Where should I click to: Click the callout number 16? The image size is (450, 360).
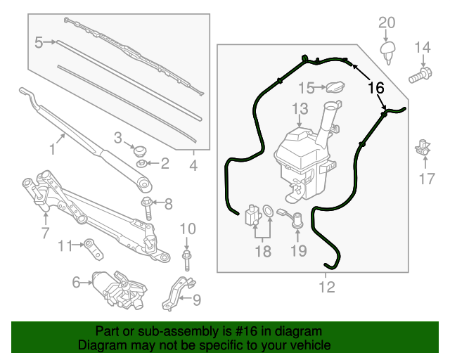pos(376,89)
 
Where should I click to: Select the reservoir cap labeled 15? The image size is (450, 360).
pos(333,88)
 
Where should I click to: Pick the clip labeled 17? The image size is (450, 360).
pos(423,147)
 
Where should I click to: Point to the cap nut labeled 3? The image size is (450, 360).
pos(138,149)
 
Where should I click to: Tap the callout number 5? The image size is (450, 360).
pos(39,43)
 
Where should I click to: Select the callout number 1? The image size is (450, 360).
pos(51,148)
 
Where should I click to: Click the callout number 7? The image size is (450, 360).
pos(45,232)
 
